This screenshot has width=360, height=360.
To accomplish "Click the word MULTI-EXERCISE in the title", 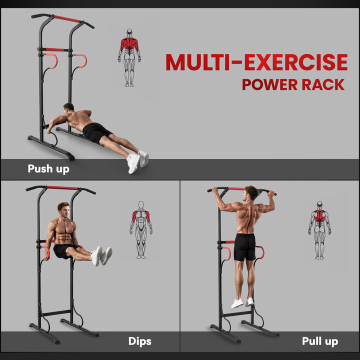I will [x=256, y=62].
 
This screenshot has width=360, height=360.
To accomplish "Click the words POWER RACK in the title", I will [x=293, y=84].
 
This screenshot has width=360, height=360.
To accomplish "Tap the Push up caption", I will [x=48, y=169].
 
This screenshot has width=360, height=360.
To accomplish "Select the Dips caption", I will [x=139, y=341].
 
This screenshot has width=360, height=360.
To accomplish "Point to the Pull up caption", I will [x=319, y=341].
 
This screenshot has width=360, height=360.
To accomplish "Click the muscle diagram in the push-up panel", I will [x=129, y=57].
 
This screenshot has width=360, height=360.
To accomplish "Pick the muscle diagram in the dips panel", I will [x=141, y=229].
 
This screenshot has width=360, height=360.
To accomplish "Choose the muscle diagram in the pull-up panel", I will [x=319, y=230].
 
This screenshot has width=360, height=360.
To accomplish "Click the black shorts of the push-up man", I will [x=96, y=132].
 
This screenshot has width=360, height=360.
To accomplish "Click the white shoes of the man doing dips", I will [x=101, y=255].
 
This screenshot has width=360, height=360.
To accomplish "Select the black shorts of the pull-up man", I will [x=244, y=247].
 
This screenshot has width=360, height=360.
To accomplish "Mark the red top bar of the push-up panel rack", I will [x=67, y=19].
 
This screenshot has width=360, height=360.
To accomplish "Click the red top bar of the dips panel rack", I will [x=62, y=187].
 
